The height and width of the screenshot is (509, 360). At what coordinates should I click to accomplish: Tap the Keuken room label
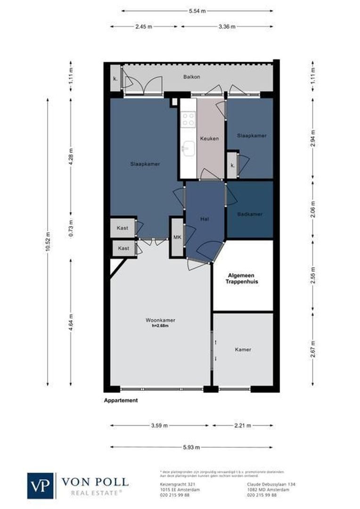[x=209, y=139]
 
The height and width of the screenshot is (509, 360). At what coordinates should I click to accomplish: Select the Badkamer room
[x=250, y=214]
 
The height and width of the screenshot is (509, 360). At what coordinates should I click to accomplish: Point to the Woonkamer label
[x=160, y=320]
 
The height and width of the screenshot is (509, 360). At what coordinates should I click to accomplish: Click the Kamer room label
[x=243, y=350]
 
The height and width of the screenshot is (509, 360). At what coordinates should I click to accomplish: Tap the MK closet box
[x=177, y=237]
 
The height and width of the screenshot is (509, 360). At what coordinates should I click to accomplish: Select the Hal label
[x=204, y=219]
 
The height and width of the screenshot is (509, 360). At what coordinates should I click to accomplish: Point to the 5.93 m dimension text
[x=191, y=447]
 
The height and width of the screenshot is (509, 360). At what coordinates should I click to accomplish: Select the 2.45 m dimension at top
[x=144, y=27]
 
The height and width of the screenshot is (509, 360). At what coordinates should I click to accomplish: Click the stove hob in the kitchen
[x=188, y=118]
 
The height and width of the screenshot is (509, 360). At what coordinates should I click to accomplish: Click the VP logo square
[x=41, y=485]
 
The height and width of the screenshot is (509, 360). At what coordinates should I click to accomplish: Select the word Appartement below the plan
[x=121, y=401]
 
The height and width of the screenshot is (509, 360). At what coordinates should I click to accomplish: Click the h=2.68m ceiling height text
[x=160, y=326]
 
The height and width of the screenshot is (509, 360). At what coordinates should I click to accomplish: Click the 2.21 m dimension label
[x=243, y=426]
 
